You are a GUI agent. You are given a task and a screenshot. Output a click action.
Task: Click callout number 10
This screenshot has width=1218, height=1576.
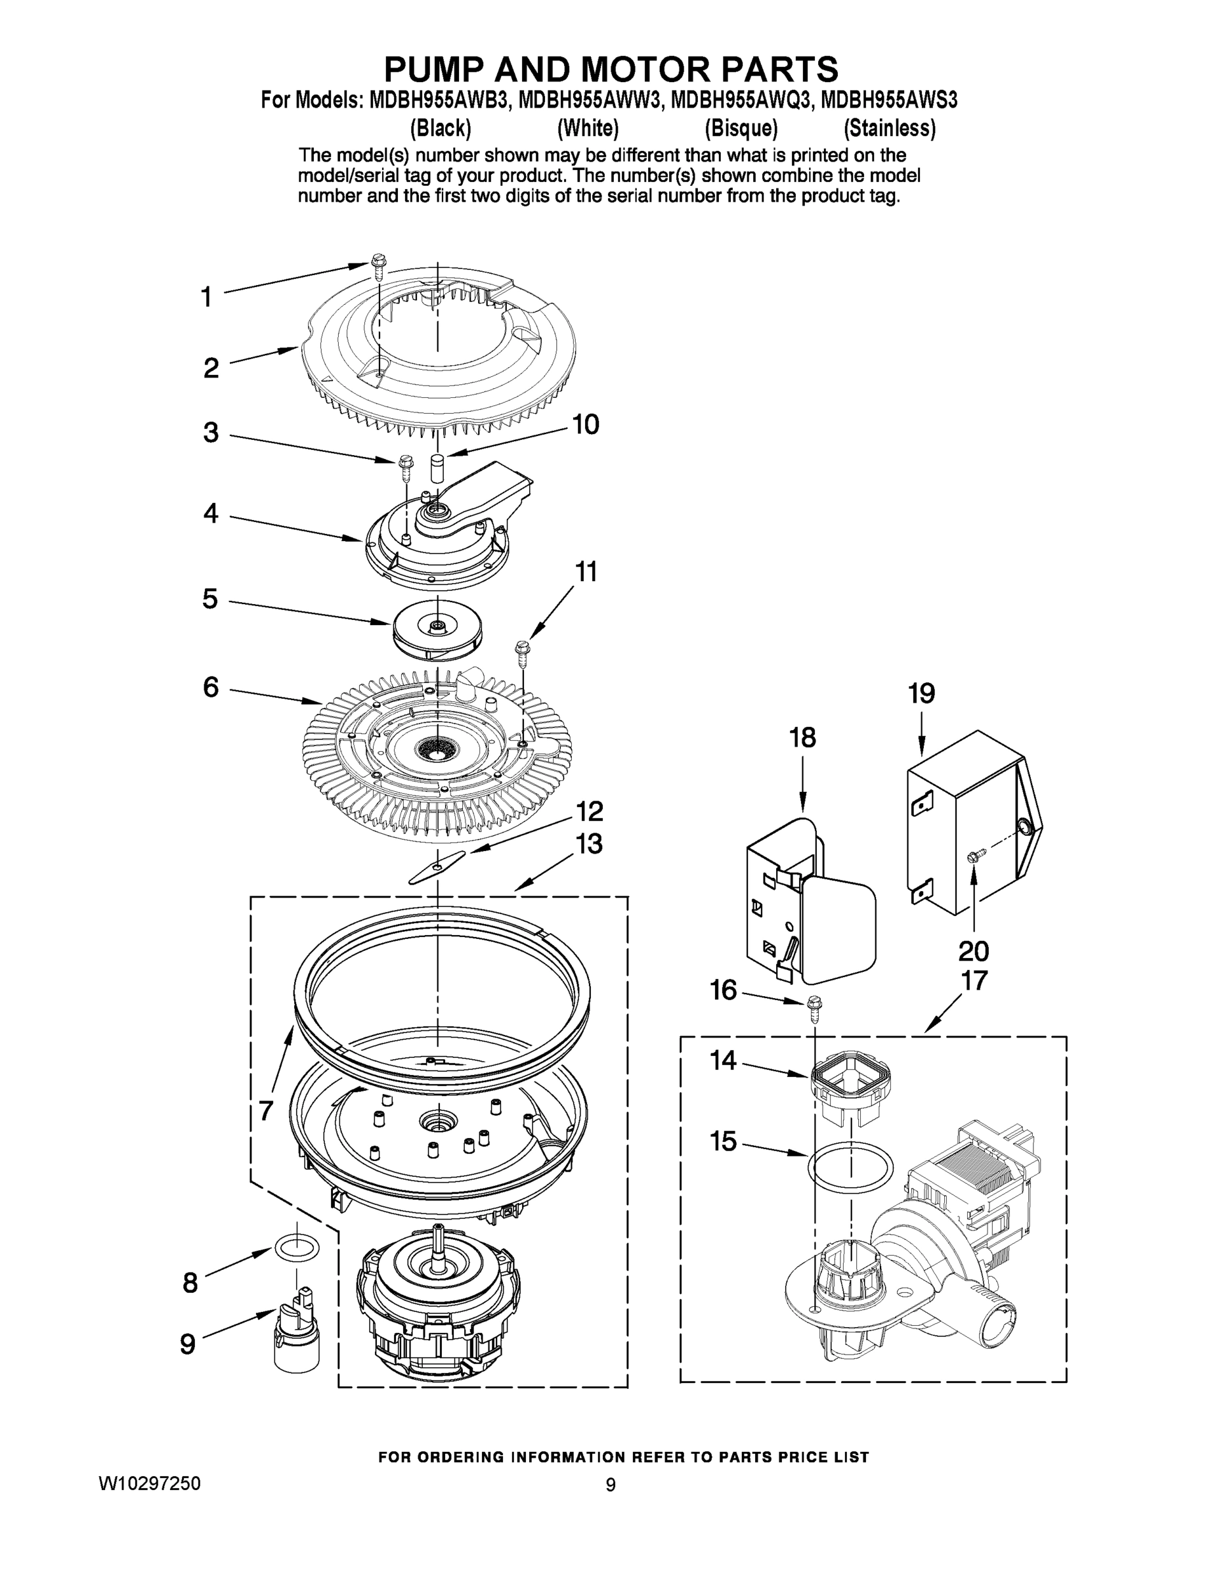point(585,424)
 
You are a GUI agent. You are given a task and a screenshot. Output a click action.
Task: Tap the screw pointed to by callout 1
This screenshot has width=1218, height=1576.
point(378,265)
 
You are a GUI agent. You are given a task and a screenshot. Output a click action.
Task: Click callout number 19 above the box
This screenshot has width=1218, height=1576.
point(921,693)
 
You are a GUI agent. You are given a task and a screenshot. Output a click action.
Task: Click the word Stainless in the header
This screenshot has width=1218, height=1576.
point(889,129)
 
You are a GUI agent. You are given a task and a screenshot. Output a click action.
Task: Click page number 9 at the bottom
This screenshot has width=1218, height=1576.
point(611,1484)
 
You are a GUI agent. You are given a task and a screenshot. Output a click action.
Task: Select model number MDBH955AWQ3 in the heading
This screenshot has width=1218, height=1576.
point(741,100)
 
